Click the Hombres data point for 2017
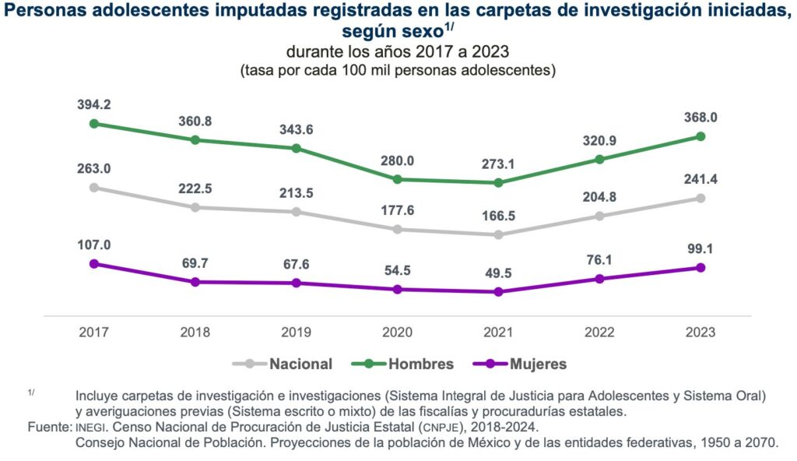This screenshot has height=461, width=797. point(94,123)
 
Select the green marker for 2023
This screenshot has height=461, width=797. point(700,136)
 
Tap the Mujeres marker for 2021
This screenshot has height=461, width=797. point(498,292)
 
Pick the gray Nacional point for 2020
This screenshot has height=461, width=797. point(397,229)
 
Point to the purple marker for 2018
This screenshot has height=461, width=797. point(195,282)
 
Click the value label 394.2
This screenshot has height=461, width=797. point(94,104)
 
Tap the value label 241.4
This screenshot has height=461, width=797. point(700,179)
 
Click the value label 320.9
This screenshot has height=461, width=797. point(599,141)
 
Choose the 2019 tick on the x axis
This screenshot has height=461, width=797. point(297,332)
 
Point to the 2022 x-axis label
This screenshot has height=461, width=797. point(599,332)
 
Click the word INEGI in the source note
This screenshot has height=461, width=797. point(90,428)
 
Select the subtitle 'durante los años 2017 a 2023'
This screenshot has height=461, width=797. point(398,53)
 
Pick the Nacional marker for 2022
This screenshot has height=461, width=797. point(599,216)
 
